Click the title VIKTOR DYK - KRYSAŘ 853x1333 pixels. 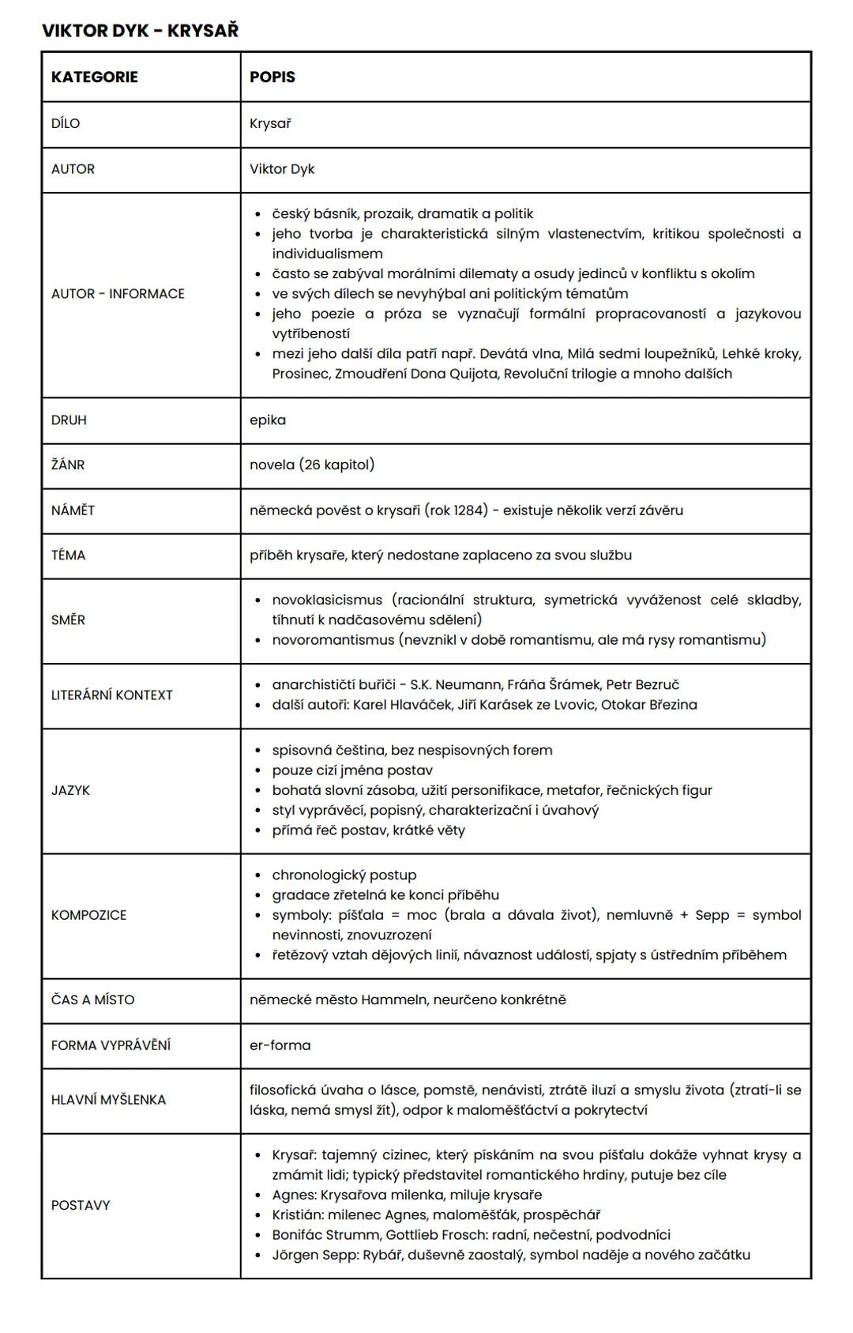coord(140,31)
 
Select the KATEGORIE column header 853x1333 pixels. coord(94,77)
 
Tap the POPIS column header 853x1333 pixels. coord(272,77)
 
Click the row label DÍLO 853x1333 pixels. coord(66,123)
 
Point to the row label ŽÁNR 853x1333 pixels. coord(68,465)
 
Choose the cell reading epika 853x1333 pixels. coord(268,420)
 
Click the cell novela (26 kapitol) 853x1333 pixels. coord(312,465)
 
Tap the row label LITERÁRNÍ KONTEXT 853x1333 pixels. coord(111,695)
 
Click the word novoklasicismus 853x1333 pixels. coord(327,600)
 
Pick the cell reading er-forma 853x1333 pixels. coord(280,1045)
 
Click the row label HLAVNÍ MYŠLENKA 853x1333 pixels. coord(108,1100)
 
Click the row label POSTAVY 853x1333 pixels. coord(81,1205)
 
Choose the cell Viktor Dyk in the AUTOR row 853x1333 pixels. coord(282,169)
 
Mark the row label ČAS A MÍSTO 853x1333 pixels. coord(92,1000)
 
